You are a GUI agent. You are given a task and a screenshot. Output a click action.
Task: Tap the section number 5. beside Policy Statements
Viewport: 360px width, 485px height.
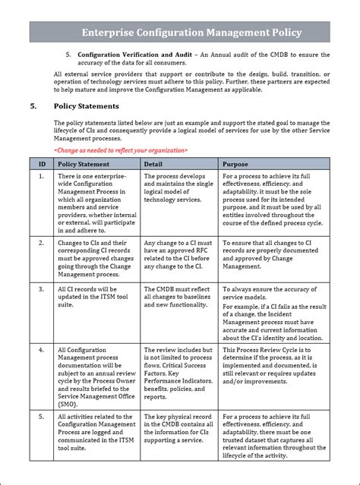pos(34,106)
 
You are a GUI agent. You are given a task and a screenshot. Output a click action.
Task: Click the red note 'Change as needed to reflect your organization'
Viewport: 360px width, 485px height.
pos(121,150)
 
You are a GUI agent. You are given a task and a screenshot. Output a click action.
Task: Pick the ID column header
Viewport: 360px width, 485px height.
pos(42,163)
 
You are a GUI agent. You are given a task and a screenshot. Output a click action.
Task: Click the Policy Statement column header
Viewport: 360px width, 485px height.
pos(84,163)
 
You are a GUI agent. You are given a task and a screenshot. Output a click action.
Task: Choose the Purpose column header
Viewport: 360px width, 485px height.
pos(235,163)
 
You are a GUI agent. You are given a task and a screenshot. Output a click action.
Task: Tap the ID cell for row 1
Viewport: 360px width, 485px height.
pos(42,176)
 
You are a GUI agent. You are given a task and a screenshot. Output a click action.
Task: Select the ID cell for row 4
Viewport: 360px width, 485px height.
pos(42,350)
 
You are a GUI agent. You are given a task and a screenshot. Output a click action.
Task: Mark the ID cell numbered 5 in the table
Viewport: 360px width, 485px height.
pos(42,417)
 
